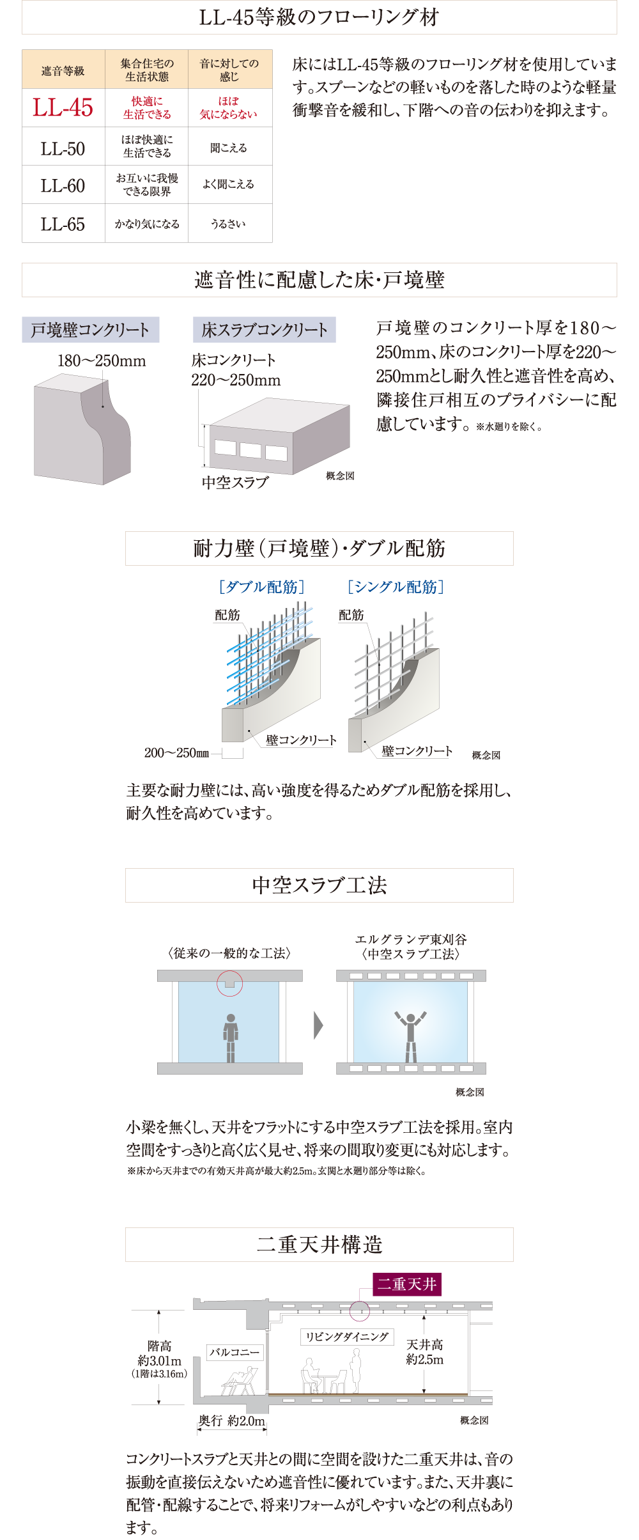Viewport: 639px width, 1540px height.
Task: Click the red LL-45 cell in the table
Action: (x=63, y=107)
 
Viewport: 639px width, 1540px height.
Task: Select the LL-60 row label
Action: (x=63, y=185)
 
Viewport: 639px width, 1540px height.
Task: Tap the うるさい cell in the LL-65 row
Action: (x=229, y=224)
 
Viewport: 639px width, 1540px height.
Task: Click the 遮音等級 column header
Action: (x=63, y=70)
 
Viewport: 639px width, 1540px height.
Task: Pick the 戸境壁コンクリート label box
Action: (x=90, y=330)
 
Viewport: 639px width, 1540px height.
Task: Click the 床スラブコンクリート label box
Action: (x=264, y=330)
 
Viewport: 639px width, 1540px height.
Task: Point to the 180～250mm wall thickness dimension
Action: (x=102, y=361)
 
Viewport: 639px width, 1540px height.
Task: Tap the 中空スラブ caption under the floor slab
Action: (x=235, y=483)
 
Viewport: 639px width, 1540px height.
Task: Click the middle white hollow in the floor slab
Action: (x=250, y=450)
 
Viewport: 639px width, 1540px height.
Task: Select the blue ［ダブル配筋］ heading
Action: (x=261, y=587)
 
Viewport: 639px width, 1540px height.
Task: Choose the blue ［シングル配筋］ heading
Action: (x=396, y=587)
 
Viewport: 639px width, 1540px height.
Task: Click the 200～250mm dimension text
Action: (x=176, y=753)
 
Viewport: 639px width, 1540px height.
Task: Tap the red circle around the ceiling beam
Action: (x=230, y=983)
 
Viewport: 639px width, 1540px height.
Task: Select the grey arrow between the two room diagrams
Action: (x=318, y=1025)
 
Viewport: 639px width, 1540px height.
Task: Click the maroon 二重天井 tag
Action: (x=407, y=1284)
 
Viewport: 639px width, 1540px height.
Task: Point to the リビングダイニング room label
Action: (x=347, y=1337)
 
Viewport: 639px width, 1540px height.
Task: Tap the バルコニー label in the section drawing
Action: (x=235, y=1352)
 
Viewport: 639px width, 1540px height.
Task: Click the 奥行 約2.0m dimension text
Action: (x=231, y=1420)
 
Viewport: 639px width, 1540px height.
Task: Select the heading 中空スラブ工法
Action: (x=319, y=885)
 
